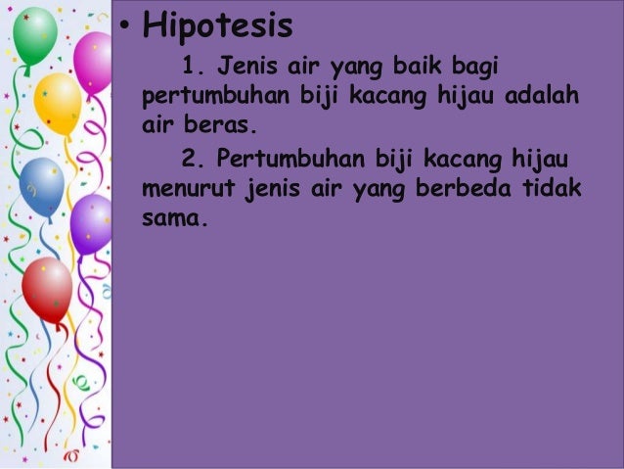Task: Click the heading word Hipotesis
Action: click(x=217, y=26)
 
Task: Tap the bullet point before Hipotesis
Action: click(x=126, y=26)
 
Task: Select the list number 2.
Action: click(x=191, y=158)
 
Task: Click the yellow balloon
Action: click(x=57, y=103)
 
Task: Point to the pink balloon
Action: click(x=94, y=61)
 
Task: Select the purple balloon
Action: click(x=92, y=221)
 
